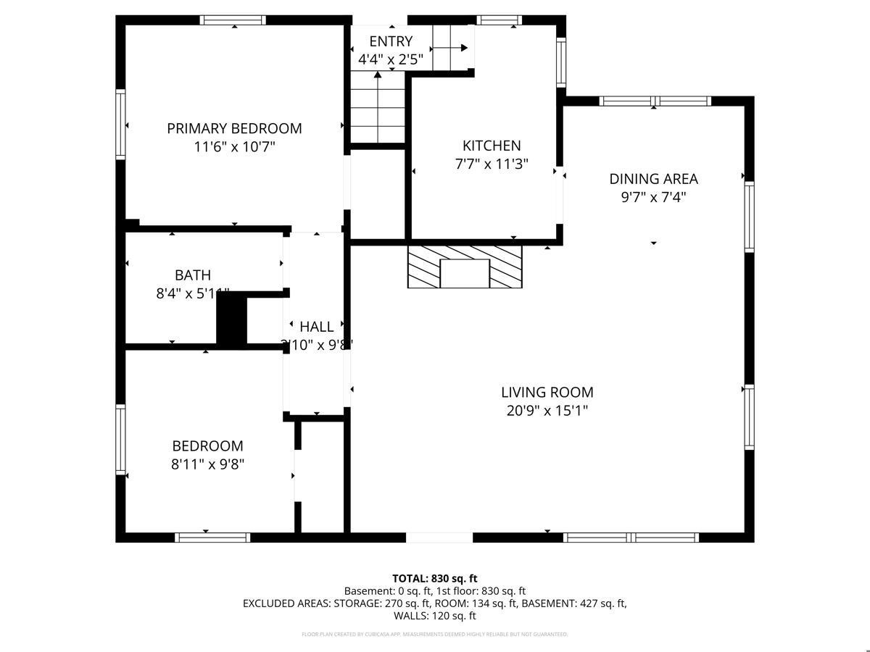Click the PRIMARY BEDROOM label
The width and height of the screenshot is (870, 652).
click(x=234, y=128)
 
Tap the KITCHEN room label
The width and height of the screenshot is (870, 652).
click(x=492, y=146)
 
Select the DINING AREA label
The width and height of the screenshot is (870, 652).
click(x=653, y=178)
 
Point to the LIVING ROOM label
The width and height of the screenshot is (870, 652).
click(x=547, y=392)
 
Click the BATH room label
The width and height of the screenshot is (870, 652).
click(x=193, y=275)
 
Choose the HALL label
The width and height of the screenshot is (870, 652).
click(x=317, y=327)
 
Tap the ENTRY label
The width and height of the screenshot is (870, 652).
click(x=391, y=41)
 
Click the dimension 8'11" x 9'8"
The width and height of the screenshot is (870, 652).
click(x=207, y=464)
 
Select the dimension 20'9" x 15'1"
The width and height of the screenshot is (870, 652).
click(x=547, y=411)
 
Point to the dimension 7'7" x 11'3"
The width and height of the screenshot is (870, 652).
click(x=492, y=164)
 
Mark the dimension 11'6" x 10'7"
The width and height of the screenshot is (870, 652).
click(x=234, y=147)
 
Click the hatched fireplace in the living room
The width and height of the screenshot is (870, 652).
click(x=465, y=267)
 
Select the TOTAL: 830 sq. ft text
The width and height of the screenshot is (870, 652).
click(x=434, y=578)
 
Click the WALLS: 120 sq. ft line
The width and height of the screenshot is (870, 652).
click(x=434, y=616)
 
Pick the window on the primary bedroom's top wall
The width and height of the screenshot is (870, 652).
click(x=233, y=20)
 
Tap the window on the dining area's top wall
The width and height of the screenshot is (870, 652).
click(x=655, y=101)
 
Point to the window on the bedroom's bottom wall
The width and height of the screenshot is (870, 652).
click(x=212, y=538)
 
